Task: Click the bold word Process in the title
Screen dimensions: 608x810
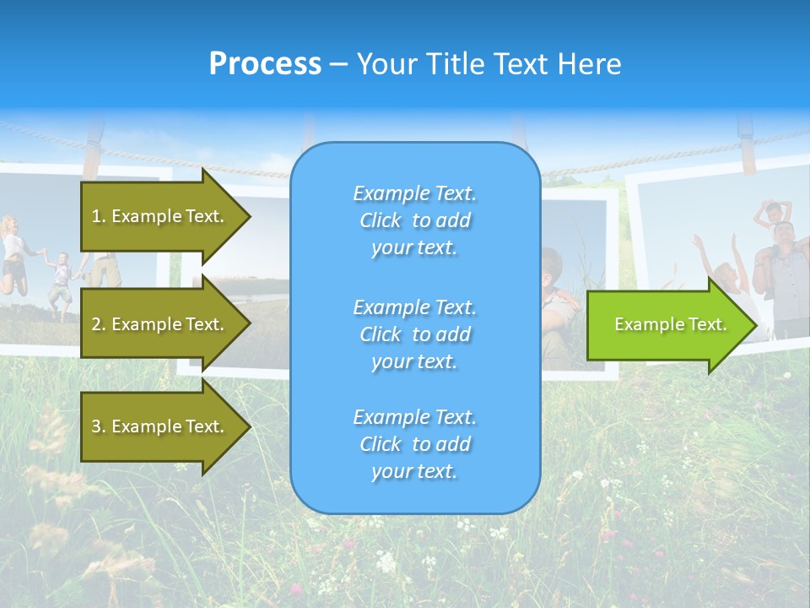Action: pos(265,64)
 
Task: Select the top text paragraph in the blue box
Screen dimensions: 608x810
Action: pos(414,220)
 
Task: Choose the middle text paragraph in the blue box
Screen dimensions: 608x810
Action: pos(414,334)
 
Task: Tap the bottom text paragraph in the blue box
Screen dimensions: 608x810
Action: pos(414,444)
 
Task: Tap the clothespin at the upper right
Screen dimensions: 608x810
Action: pos(746,139)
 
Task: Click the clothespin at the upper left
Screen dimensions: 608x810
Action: pos(94,139)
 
